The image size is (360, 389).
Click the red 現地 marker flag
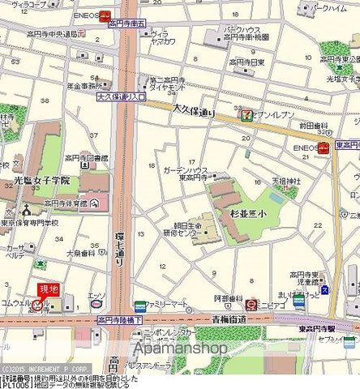click(x=49, y=289)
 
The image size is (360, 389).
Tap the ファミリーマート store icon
click(x=140, y=306)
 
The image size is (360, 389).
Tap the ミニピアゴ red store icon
click(x=252, y=305)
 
